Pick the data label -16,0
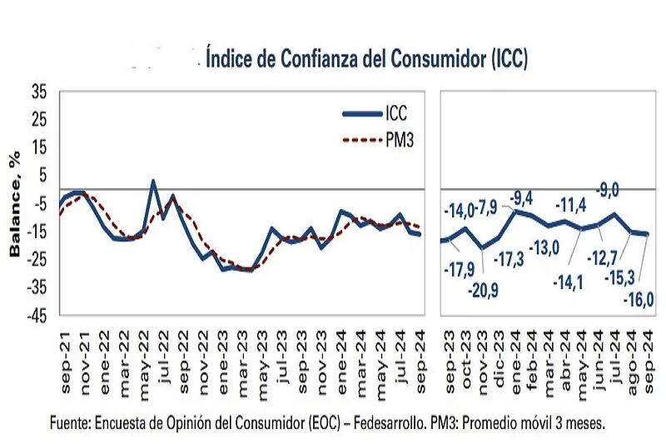point(639,297)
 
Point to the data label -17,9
point(457,270)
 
